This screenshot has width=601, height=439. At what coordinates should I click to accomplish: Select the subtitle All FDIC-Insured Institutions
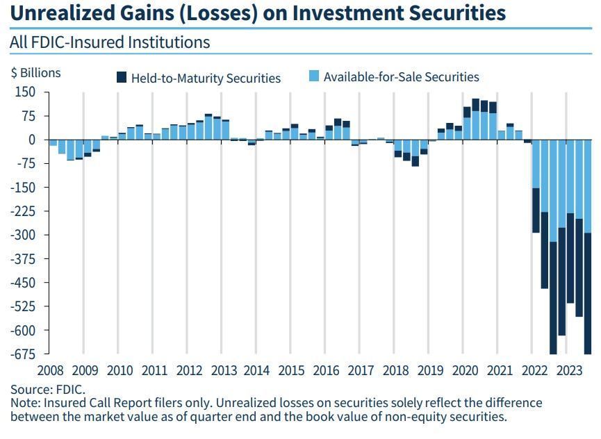click(x=110, y=42)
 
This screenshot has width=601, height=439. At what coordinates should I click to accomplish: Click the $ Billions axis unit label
click(x=35, y=73)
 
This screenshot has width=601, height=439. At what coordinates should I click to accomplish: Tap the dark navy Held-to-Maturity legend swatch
click(x=122, y=77)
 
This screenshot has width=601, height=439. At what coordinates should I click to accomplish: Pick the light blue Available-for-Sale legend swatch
click(x=314, y=77)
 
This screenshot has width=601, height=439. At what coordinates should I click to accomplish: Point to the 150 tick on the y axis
click(x=25, y=92)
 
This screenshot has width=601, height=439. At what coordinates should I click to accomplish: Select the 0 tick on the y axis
click(x=31, y=140)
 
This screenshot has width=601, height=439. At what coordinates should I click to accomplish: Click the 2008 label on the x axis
click(x=50, y=370)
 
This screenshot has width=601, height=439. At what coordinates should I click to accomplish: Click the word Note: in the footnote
click(x=26, y=403)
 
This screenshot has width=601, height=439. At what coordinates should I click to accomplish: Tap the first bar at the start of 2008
click(x=53, y=142)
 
